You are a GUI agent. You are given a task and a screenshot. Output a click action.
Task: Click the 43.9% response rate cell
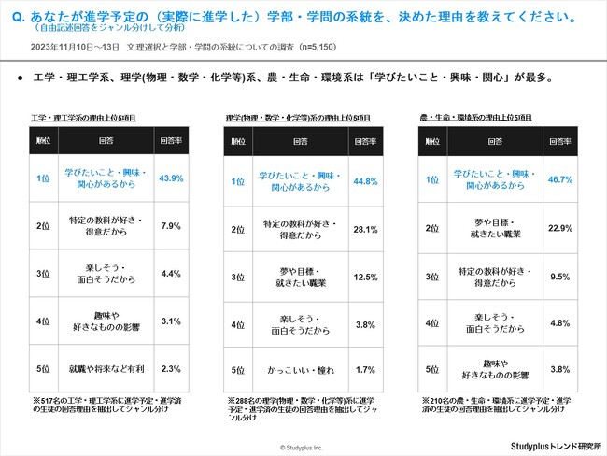(171, 178)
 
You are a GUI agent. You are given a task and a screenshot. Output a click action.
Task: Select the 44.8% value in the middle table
(365, 180)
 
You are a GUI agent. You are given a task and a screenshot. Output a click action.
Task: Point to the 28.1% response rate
(365, 229)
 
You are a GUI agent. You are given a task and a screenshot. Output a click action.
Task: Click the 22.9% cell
(560, 227)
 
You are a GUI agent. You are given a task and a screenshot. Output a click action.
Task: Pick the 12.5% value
(365, 278)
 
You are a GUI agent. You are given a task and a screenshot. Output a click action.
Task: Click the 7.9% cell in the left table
(171, 226)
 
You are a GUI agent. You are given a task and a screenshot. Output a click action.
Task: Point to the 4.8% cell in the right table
(560, 323)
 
